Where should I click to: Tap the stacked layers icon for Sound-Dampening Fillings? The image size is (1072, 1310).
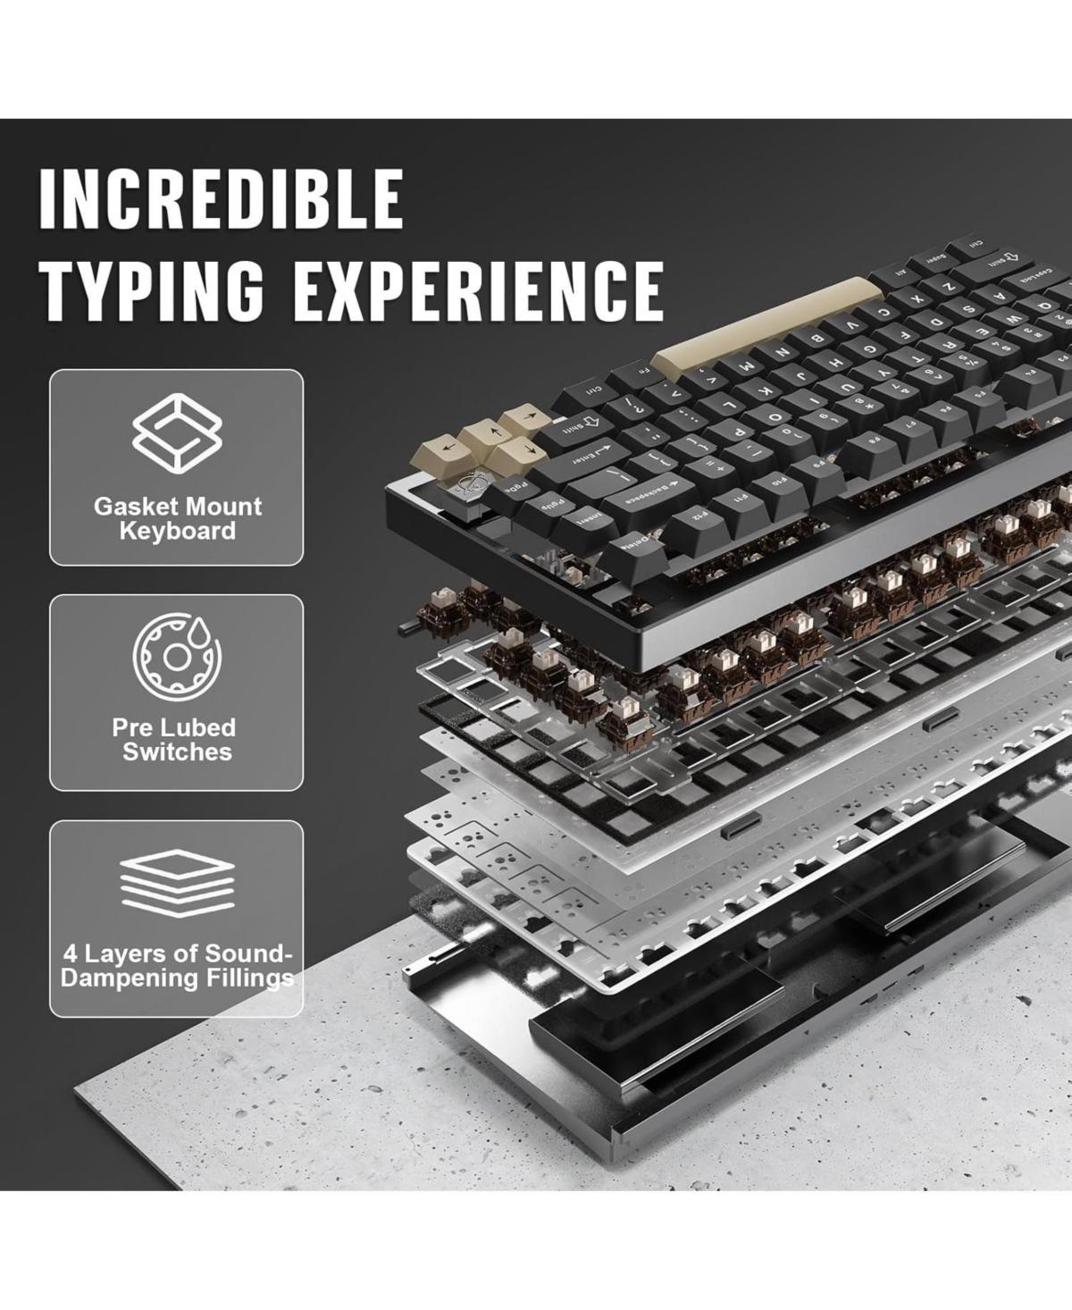[x=176, y=879]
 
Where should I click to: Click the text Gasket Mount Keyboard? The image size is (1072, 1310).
[x=177, y=518]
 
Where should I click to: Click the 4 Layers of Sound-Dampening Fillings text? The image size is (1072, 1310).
[x=177, y=965]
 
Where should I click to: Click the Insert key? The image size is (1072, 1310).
[x=587, y=516]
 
